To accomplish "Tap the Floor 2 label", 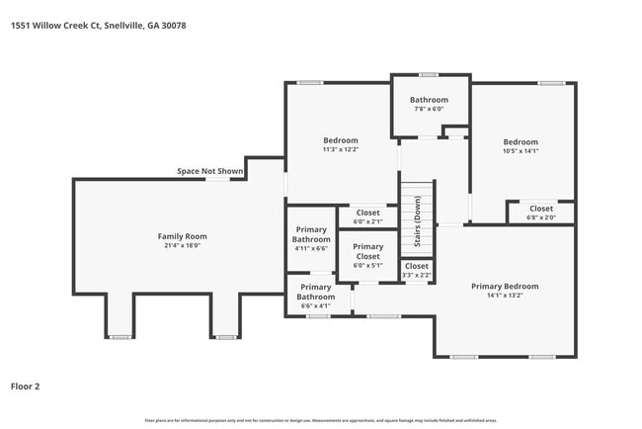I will (x=27, y=386).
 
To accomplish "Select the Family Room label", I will (x=183, y=236).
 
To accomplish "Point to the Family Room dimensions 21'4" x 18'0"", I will (x=183, y=246).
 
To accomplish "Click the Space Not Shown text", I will (x=209, y=171).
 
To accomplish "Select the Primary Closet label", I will (x=367, y=251).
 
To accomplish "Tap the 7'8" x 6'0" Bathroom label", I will (x=429, y=100).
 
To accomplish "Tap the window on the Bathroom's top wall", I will (x=428, y=74).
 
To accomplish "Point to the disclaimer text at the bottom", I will (x=321, y=420).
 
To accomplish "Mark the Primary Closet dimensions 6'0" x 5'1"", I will (x=367, y=265).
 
